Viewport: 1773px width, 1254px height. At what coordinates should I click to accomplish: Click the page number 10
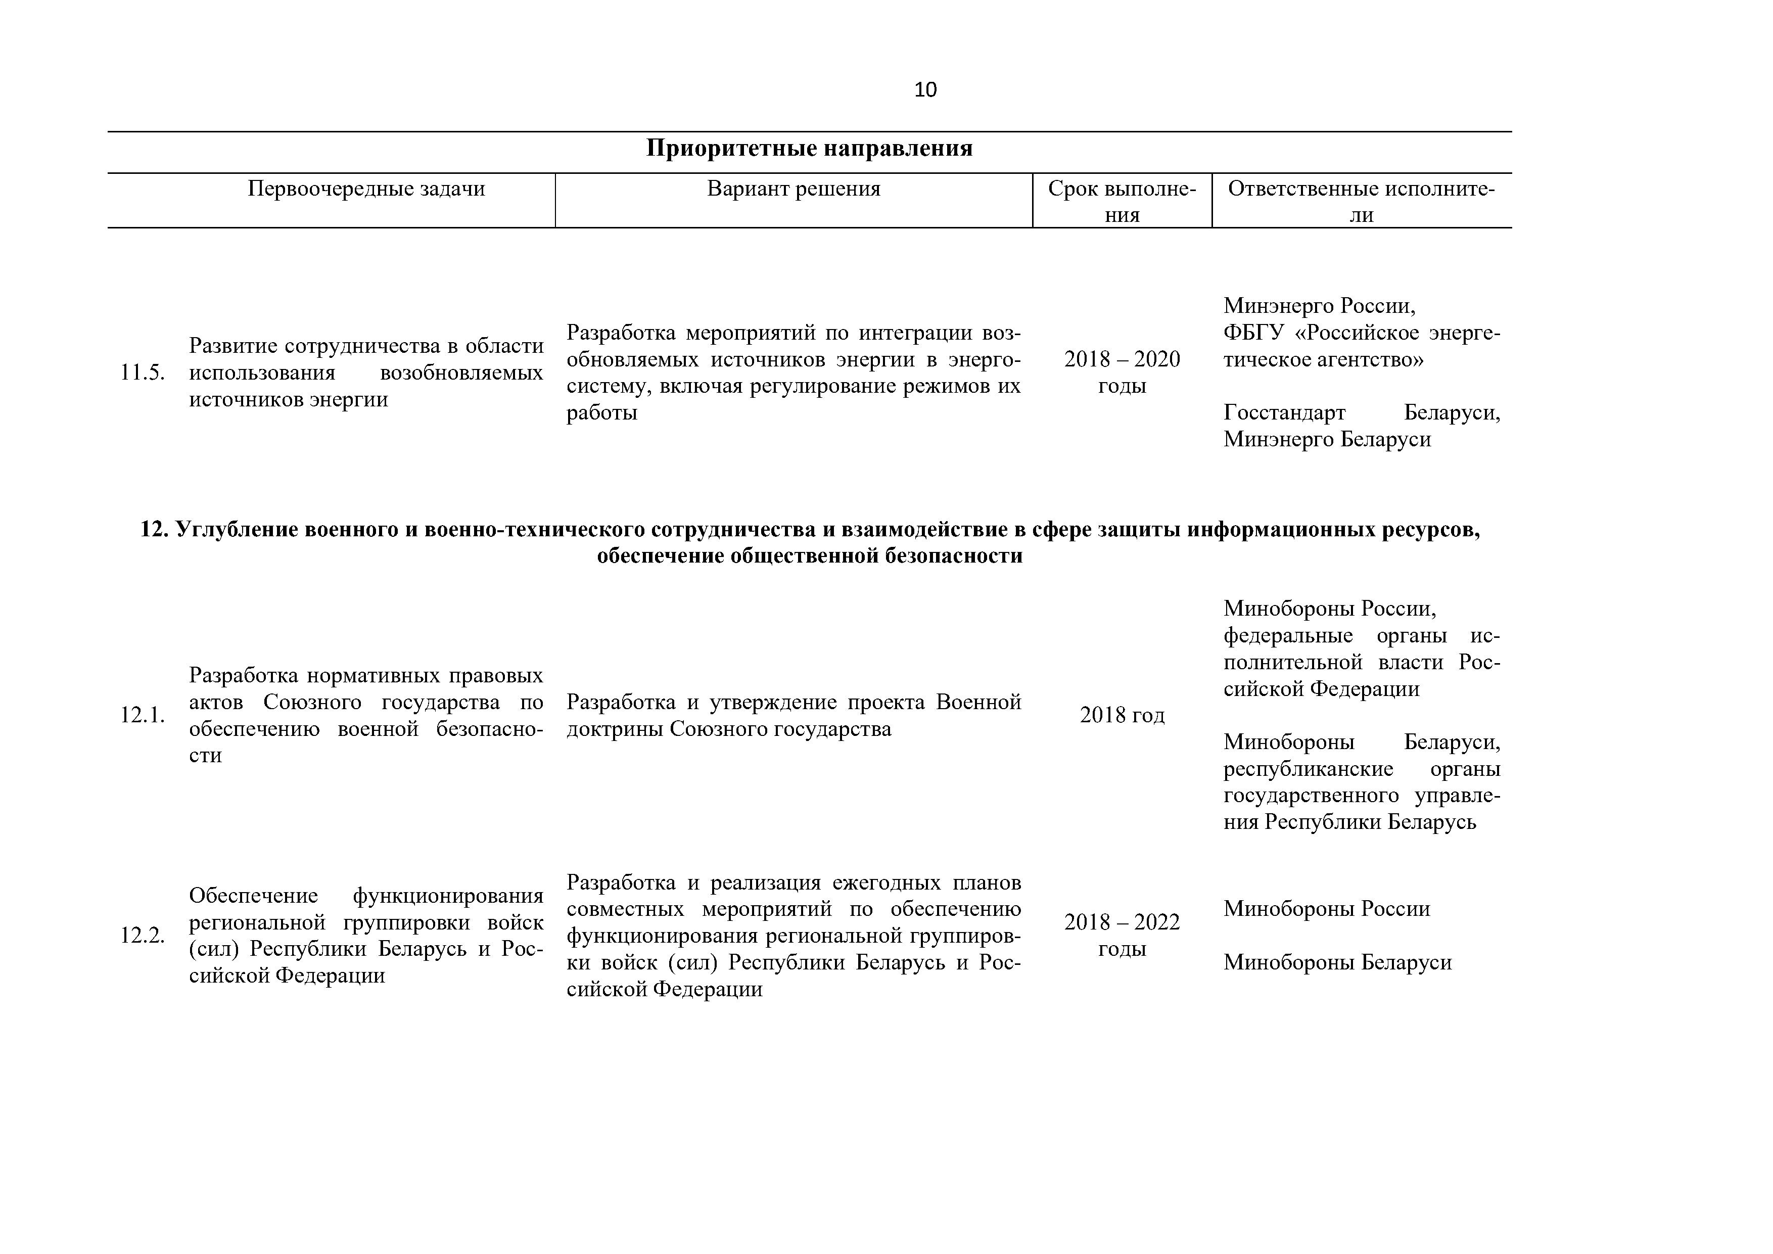(x=925, y=90)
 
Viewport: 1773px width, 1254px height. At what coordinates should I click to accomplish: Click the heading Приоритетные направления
(x=809, y=148)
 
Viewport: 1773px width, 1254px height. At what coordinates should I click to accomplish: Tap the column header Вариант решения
(x=794, y=189)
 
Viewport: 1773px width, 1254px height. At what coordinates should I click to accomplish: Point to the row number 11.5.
(x=142, y=373)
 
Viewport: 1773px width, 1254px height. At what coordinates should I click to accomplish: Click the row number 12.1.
(x=142, y=715)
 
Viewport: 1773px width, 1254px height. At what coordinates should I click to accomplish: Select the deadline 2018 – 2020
(x=1122, y=360)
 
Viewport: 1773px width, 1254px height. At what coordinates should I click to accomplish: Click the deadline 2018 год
(x=1122, y=716)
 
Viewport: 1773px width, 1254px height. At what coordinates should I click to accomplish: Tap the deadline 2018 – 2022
(x=1122, y=923)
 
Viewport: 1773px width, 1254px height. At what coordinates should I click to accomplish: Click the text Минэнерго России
(x=1319, y=307)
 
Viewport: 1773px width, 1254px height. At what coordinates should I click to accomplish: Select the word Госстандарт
(x=1284, y=413)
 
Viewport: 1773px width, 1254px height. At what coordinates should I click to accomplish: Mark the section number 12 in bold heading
(x=153, y=530)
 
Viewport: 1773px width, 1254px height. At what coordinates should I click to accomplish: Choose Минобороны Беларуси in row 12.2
(x=1337, y=963)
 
